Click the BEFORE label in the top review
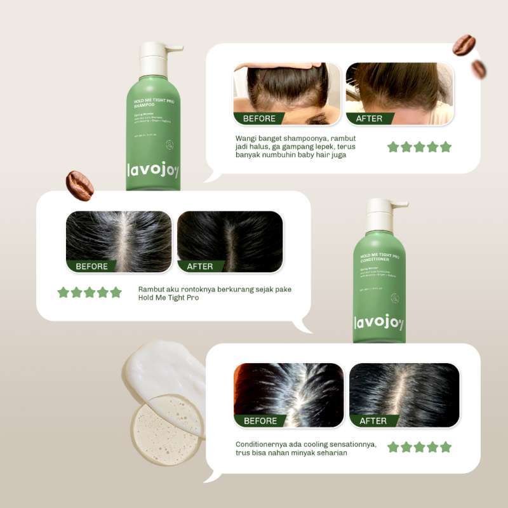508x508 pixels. point(259,118)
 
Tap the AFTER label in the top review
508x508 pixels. point(369,118)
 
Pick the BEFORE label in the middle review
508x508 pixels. point(91,266)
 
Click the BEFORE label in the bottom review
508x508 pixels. point(260,421)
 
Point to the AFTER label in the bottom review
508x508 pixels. point(373,421)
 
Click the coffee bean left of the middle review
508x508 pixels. point(80,185)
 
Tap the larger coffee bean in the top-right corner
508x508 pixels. point(464,45)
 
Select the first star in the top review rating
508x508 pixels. point(393,147)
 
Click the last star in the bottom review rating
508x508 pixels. point(446,447)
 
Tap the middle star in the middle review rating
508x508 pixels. point(90,292)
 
